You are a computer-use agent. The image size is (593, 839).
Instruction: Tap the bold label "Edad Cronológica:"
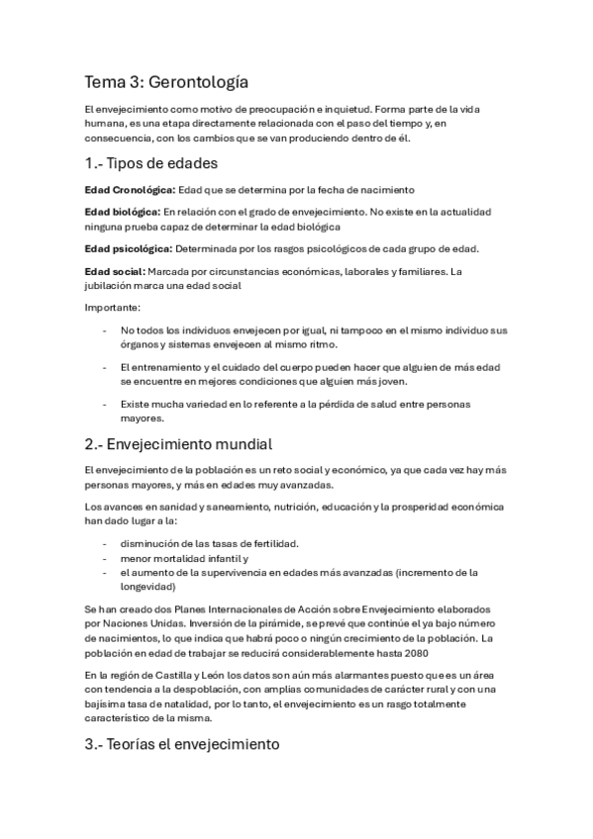click(131, 189)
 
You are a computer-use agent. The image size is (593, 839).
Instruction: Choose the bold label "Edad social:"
click(116, 271)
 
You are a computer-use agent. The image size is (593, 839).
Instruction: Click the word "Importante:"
click(113, 308)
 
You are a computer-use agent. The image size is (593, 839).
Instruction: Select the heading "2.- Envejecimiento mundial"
click(178, 443)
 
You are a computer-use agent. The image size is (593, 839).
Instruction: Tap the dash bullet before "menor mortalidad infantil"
click(106, 558)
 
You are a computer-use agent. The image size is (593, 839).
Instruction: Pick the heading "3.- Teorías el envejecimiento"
click(183, 743)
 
